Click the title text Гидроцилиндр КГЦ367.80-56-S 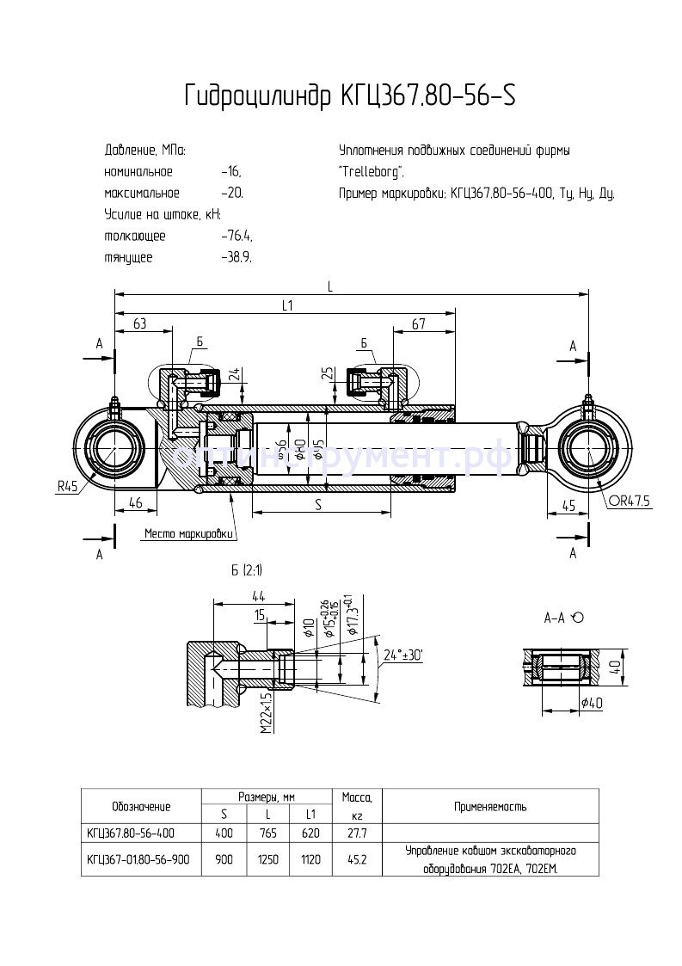tap(350, 95)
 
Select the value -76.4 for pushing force tap(237, 236)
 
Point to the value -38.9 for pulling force tap(237, 257)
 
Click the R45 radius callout tap(67, 486)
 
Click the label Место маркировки tap(189, 534)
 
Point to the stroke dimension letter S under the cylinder tap(317, 506)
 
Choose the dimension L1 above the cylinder tap(287, 305)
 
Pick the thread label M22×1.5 tap(266, 713)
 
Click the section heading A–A tap(555, 618)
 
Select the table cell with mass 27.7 tap(356, 834)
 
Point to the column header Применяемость tap(490, 807)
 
